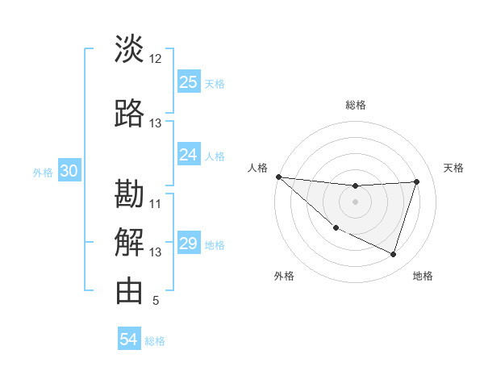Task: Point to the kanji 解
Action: pos(129,242)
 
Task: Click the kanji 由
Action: pos(129,290)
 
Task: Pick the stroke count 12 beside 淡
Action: pos(156,59)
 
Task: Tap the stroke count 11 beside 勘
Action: pos(156,204)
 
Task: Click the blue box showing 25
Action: pos(189,82)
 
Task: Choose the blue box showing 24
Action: pos(189,154)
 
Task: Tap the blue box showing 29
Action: pos(189,244)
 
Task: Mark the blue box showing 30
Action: pos(69,171)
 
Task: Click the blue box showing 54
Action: pos(129,339)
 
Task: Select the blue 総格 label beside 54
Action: pos(155,341)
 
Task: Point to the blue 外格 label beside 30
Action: pos(43,173)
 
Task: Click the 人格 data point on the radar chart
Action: pos(278,177)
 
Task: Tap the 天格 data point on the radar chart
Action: pos(416,181)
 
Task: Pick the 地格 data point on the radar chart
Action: pos(393,255)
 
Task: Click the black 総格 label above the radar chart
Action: pos(355,105)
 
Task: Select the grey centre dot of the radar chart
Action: pos(355,202)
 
